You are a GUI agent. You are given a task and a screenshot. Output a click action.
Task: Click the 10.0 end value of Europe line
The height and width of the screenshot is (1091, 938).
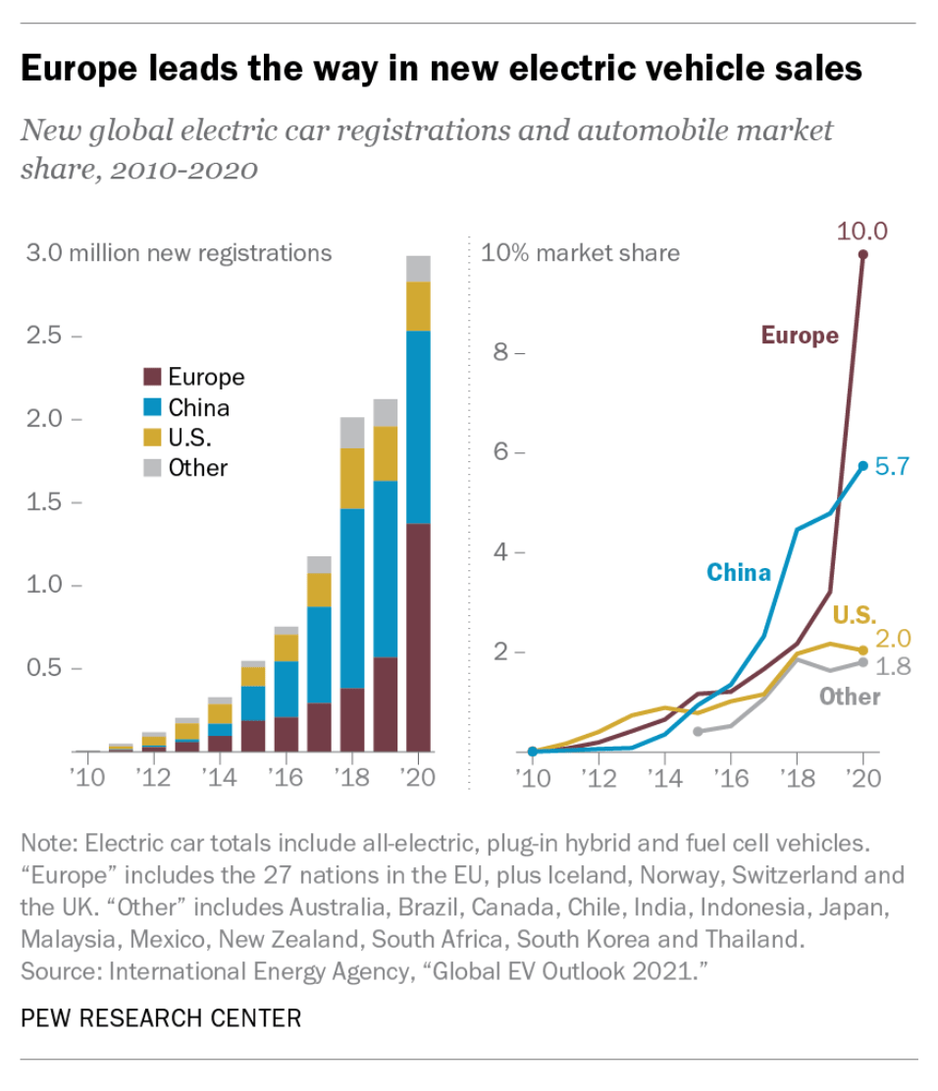(x=861, y=232)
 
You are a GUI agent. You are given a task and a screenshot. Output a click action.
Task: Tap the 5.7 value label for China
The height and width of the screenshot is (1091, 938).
(x=894, y=467)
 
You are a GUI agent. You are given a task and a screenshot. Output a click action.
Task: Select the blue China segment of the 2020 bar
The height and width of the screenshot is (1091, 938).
(x=419, y=428)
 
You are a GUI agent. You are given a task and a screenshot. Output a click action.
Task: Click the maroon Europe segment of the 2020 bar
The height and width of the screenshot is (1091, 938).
(x=419, y=638)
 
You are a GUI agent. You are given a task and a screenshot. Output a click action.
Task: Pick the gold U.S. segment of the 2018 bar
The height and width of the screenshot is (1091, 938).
(x=351, y=478)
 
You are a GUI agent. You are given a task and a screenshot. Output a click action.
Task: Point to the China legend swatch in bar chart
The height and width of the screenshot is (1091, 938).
(x=152, y=407)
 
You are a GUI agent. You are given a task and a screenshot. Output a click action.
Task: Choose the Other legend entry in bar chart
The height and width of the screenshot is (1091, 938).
(x=197, y=468)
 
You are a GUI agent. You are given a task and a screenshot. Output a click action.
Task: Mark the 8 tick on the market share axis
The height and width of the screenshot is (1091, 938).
(x=499, y=351)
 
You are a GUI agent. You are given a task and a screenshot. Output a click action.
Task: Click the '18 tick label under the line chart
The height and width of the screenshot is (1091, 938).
(x=797, y=779)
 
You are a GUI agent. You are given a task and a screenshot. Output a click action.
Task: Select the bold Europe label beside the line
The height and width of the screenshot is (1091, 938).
(x=800, y=336)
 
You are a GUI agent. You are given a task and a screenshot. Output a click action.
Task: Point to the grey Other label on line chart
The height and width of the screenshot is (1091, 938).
(x=850, y=697)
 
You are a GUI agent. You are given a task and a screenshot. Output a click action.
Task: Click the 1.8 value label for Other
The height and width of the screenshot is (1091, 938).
(x=893, y=667)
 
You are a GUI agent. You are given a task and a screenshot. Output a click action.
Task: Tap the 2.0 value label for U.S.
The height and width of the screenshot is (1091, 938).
(x=894, y=640)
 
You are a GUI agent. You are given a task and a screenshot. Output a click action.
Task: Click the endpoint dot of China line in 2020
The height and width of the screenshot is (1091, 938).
(x=863, y=466)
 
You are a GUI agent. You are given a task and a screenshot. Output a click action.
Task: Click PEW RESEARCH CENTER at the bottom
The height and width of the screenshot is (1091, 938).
(x=161, y=1017)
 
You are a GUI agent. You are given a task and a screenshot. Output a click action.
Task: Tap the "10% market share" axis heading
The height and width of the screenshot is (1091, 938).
(x=580, y=253)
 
